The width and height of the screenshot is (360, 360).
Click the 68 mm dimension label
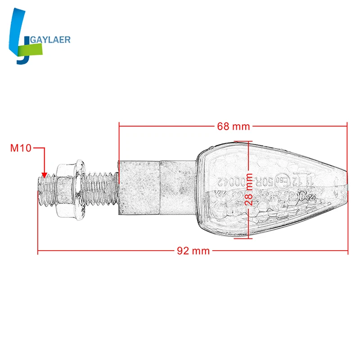pos(233,126)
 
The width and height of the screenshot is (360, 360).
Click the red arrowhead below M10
pos(44,175)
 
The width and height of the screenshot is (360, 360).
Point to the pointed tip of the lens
pos(346,184)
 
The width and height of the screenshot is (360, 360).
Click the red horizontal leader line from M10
pos(40,147)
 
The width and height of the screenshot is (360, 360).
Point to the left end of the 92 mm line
pos(38,251)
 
